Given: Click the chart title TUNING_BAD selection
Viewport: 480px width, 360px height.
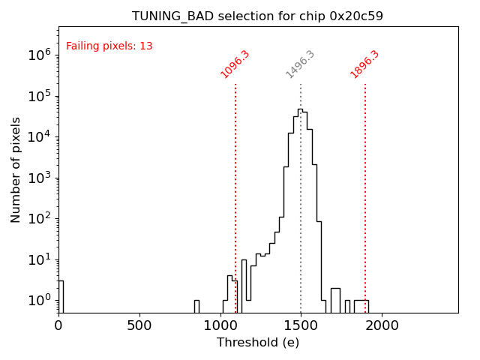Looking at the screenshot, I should pyautogui.click(x=257, y=16).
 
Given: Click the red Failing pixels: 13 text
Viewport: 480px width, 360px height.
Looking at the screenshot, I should pyautogui.click(x=109, y=46).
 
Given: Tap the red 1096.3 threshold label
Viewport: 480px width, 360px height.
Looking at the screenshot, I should pyautogui.click(x=235, y=64).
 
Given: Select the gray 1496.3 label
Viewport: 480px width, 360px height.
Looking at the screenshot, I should pyautogui.click(x=300, y=64).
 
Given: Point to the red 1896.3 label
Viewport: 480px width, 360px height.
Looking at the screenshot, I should pyautogui.click(x=364, y=64).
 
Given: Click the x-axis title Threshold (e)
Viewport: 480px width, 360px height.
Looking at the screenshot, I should pyautogui.click(x=258, y=343).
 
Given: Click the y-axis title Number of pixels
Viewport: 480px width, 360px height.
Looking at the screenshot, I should pyautogui.click(x=16, y=169).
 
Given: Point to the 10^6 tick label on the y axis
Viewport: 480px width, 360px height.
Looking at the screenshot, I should pyautogui.click(x=39, y=55).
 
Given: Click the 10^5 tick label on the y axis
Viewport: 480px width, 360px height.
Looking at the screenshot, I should pyautogui.click(x=39, y=96).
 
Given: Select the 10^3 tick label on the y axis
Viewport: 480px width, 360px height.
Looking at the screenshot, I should pyautogui.click(x=39, y=178).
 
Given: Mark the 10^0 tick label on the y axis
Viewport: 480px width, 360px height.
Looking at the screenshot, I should pyautogui.click(x=39, y=301).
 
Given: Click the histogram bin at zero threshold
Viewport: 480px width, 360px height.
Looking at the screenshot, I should pyautogui.click(x=61, y=296).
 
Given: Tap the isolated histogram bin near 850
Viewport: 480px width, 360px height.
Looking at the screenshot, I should pyautogui.click(x=196, y=306).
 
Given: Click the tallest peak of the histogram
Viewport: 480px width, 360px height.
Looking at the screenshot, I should pyautogui.click(x=300, y=111).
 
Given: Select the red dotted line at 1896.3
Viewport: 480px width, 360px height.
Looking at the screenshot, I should pyautogui.click(x=365, y=195).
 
